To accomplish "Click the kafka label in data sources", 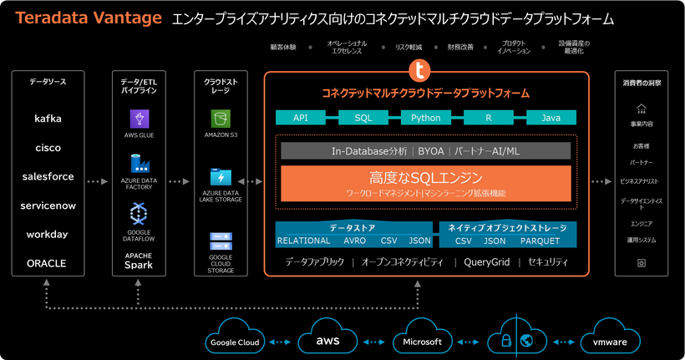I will tap(48, 119).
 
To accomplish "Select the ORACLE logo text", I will tap(48, 263).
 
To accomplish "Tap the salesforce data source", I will tap(48, 176).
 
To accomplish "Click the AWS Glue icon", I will tap(140, 118).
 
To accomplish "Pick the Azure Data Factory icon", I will tap(140, 164).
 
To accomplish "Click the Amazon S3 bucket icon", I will tap(221, 118).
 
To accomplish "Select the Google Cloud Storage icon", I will tap(221, 241).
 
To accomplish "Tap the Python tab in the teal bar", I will tap(425, 118).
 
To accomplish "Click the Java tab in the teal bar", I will tap(551, 118).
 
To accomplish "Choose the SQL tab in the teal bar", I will tap(363, 118).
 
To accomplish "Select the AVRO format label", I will tap(354, 241).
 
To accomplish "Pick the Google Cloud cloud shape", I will tap(234, 342).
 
